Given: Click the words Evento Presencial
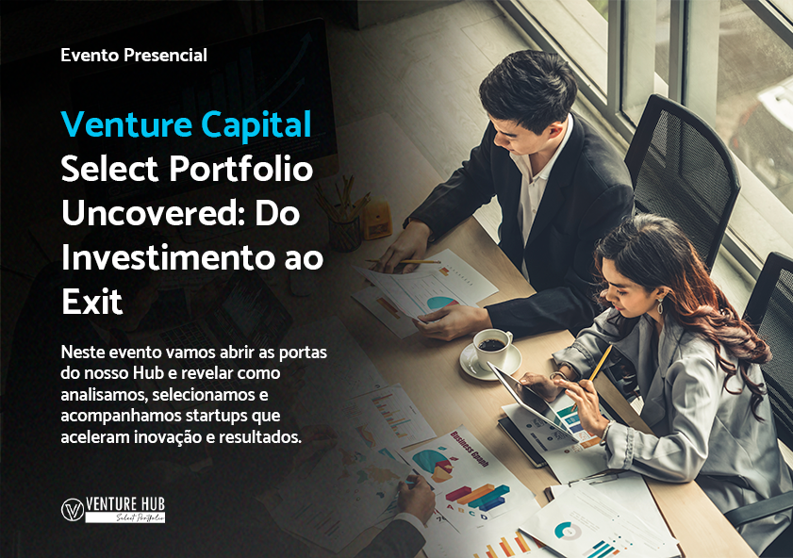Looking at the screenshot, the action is pos(134,55).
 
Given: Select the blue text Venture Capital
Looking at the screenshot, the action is pos(186,124).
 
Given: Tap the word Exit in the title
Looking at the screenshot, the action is pos(92,302).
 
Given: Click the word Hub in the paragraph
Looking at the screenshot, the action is pos(148,373).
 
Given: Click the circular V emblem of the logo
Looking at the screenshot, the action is pos(73,510).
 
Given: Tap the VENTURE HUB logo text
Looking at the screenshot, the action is pos(125,504).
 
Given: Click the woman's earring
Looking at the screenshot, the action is pos(660,305).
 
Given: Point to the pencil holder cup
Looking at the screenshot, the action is pos(345,233).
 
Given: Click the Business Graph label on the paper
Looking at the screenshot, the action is pos(470,449).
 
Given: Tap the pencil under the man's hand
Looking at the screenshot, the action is pos(404,262).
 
